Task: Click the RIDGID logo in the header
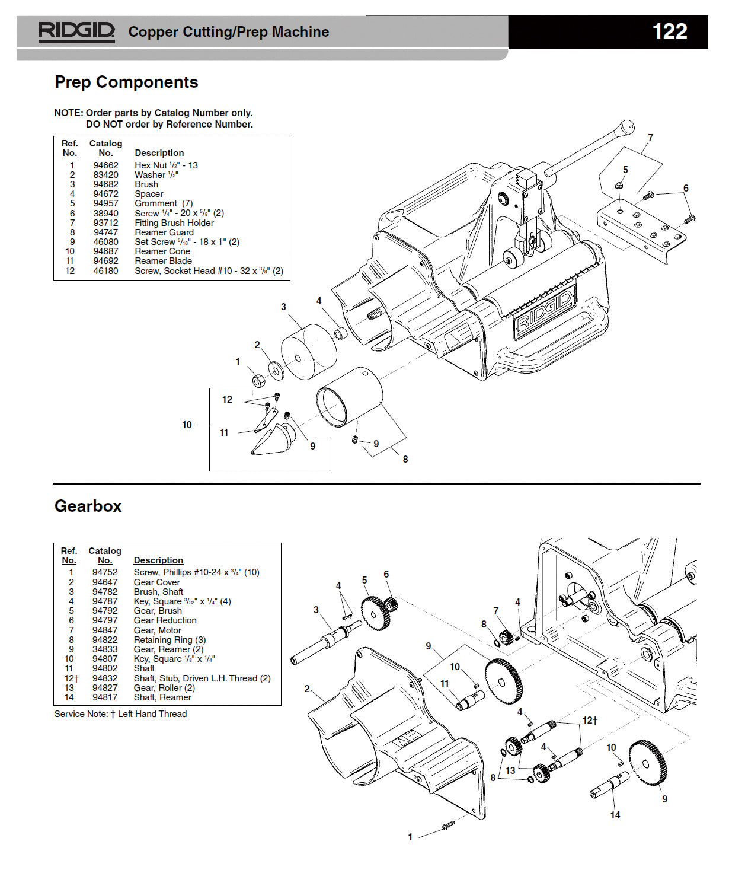tap(76, 32)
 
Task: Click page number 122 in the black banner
tap(669, 31)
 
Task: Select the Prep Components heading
tap(126, 82)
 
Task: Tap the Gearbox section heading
tap(88, 506)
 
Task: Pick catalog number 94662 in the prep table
tap(105, 165)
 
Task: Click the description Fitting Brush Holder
tap(174, 223)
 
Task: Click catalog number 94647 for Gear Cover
tap(104, 582)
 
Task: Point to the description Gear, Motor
tap(157, 630)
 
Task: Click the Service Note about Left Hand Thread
tap(120, 714)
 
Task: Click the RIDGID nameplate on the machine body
tap(545, 311)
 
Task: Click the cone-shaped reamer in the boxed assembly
tap(270, 441)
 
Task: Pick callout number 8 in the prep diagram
tap(405, 459)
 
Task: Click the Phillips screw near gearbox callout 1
tap(447, 826)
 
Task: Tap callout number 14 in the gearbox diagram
tap(615, 815)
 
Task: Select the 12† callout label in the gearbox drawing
tap(590, 720)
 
